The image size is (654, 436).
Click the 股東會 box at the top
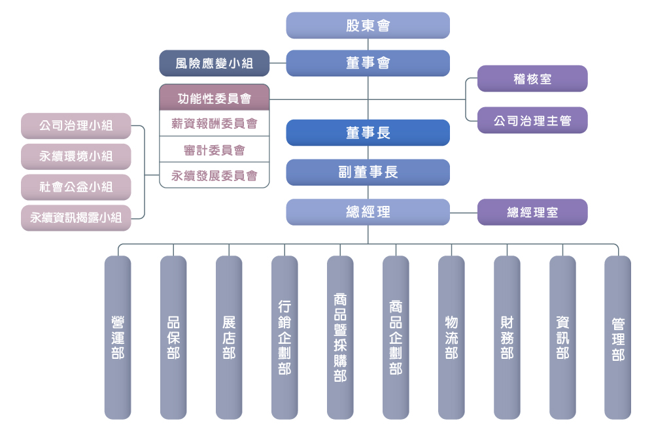(368, 25)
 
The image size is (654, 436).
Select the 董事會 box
(368, 63)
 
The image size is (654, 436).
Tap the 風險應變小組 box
(215, 63)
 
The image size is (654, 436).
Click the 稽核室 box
(532, 79)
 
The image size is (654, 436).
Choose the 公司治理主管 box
(532, 121)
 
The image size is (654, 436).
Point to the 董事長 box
(368, 133)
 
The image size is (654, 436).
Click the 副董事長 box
(368, 173)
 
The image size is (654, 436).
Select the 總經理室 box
(532, 212)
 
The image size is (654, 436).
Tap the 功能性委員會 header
(215, 98)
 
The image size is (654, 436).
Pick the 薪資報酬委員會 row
(215, 124)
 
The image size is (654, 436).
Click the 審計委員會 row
(215, 150)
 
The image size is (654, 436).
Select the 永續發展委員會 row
(215, 175)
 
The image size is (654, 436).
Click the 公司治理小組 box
(76, 126)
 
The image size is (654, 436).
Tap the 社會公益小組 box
(76, 188)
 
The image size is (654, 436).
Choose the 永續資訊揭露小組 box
(76, 218)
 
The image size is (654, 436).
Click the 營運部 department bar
(118, 337)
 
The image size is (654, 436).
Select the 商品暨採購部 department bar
(340, 337)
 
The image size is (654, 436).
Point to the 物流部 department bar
(451, 337)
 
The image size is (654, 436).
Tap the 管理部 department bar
(618, 337)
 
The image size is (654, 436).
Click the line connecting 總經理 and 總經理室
(464, 212)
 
